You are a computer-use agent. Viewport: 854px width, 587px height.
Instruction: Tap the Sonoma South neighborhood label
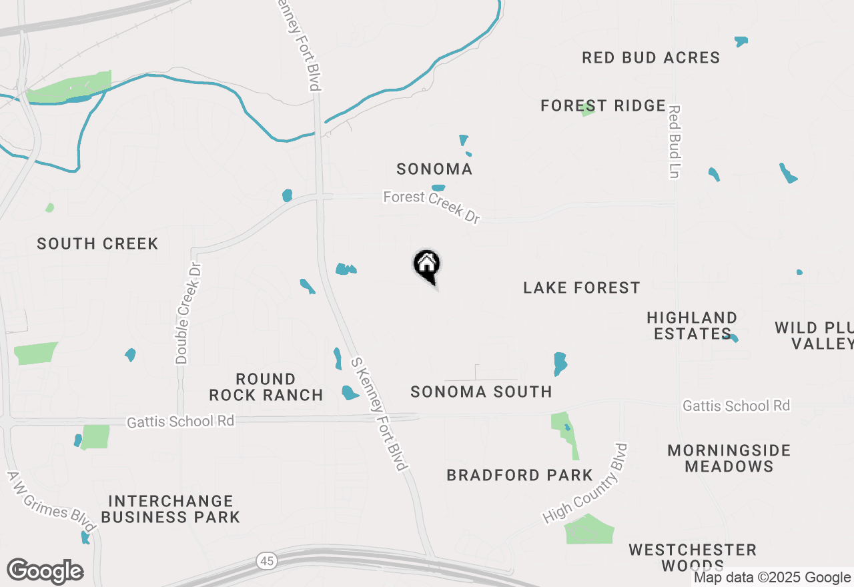point(481,392)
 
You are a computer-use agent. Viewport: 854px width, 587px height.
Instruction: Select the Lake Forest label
point(581,287)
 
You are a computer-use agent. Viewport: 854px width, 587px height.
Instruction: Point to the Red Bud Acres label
point(651,57)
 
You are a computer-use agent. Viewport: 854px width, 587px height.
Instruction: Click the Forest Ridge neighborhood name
point(602,105)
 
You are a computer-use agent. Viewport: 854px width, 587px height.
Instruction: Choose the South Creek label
point(97,243)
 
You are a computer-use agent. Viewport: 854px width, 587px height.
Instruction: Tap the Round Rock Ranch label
point(266,387)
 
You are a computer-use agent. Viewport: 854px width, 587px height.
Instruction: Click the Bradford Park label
point(520,475)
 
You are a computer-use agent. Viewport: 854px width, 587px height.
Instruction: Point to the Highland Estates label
point(692,325)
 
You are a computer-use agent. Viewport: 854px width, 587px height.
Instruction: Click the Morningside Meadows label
point(729,458)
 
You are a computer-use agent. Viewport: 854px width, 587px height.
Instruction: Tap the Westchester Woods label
point(693,558)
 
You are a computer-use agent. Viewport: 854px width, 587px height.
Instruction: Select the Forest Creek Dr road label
point(432,207)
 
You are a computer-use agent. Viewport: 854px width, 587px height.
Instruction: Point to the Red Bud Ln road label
point(675,141)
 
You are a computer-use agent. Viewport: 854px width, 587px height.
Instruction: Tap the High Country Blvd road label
point(586,483)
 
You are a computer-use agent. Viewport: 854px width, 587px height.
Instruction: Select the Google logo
point(45,572)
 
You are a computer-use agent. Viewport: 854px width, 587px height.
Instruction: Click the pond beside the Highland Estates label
point(733,338)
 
